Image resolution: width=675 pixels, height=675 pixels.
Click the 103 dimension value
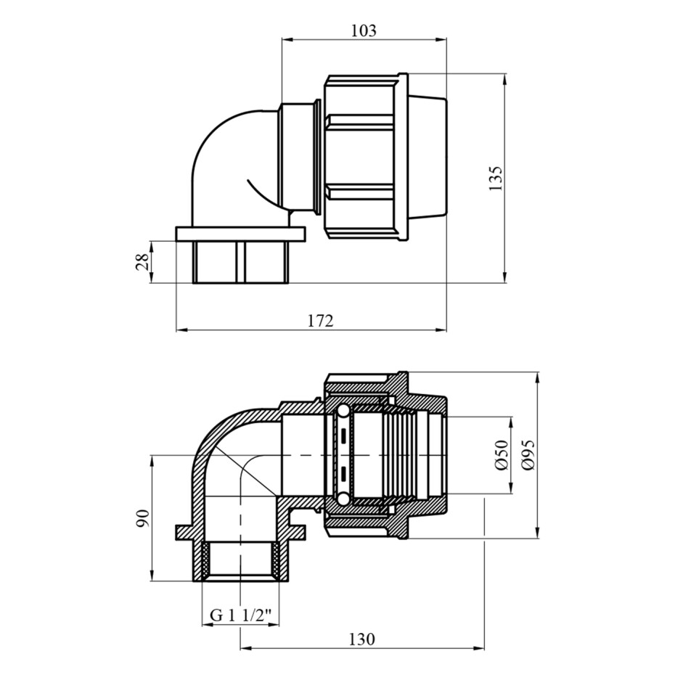[x=364, y=30]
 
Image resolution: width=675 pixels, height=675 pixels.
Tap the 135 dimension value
[x=496, y=179]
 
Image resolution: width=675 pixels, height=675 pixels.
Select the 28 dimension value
[x=142, y=262]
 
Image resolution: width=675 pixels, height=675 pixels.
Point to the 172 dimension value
[x=321, y=320]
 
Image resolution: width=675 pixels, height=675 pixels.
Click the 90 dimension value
[x=142, y=518]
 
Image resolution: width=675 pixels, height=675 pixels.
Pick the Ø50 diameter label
[x=502, y=455]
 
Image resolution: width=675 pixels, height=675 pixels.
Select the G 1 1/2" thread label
[x=241, y=615]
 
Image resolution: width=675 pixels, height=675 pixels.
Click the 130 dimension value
[x=362, y=639]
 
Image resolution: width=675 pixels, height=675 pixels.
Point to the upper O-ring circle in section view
[x=343, y=412]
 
